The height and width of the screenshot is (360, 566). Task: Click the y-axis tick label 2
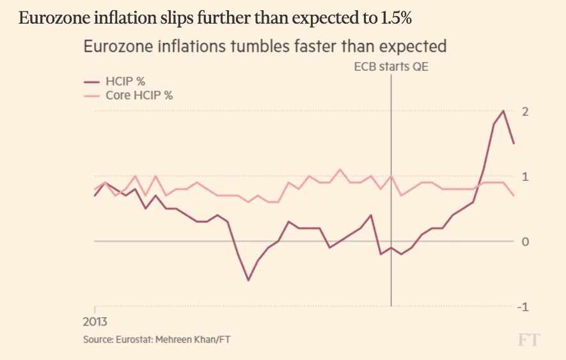[525, 111]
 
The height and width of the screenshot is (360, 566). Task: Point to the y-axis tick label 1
[525, 176]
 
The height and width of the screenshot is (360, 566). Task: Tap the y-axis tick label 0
[525, 242]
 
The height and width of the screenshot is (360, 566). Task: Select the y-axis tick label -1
[523, 307]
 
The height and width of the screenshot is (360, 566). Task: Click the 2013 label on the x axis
[94, 320]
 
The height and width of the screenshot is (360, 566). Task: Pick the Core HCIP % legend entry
[139, 95]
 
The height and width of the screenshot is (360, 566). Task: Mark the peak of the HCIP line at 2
[503, 111]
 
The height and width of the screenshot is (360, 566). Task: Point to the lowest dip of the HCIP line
[248, 280]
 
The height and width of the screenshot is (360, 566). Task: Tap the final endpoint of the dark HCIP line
[514, 143]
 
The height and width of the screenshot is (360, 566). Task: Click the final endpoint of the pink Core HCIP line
[514, 196]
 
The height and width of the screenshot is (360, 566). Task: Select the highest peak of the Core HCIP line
[340, 169]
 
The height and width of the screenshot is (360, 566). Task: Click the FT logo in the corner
[528, 340]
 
